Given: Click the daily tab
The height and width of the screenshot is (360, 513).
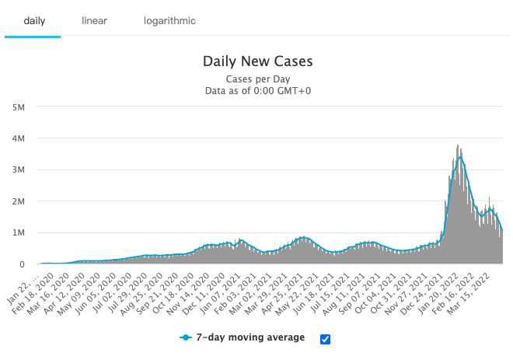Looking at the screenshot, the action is [x=34, y=21].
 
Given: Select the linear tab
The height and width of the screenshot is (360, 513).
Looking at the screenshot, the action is [x=94, y=21].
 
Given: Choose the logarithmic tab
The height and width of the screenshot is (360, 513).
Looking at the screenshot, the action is [x=169, y=21].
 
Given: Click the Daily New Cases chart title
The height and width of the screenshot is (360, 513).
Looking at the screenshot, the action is [x=258, y=61].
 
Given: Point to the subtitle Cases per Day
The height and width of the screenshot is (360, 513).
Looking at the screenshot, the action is [x=258, y=79].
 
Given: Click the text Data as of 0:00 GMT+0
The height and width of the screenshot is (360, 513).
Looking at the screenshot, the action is [x=258, y=91].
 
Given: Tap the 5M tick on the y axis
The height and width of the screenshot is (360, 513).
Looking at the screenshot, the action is [x=19, y=107].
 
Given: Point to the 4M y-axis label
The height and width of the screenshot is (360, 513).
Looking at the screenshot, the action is [x=19, y=138].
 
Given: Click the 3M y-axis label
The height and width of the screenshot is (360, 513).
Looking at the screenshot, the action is [x=19, y=170].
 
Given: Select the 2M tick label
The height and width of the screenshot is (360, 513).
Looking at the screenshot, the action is [x=19, y=201].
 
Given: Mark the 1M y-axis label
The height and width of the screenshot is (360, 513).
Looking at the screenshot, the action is [x=19, y=232].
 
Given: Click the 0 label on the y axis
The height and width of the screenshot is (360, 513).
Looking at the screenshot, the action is [x=22, y=264].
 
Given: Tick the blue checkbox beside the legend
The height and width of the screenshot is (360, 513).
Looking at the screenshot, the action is [x=325, y=339].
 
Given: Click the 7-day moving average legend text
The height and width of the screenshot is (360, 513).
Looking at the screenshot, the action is [x=250, y=337].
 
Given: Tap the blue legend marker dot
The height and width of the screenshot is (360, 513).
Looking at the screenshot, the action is [x=186, y=337].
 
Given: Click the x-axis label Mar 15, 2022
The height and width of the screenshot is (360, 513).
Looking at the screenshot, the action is [x=468, y=294].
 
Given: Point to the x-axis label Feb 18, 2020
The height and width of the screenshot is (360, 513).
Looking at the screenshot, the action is [x=33, y=294].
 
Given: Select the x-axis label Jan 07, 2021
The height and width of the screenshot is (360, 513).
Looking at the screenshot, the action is [x=219, y=294].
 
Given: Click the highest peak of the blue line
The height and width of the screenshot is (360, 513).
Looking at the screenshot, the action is [x=461, y=156].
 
